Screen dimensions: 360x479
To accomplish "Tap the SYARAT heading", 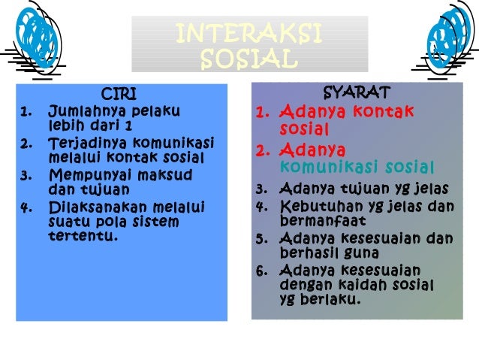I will [x=357, y=93].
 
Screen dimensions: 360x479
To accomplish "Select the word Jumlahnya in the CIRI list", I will [x=82, y=113].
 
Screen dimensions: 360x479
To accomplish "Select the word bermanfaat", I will [x=322, y=221].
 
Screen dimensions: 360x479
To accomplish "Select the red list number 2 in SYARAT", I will [x=261, y=150].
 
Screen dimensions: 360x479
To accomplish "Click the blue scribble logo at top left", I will [x=35, y=38].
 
